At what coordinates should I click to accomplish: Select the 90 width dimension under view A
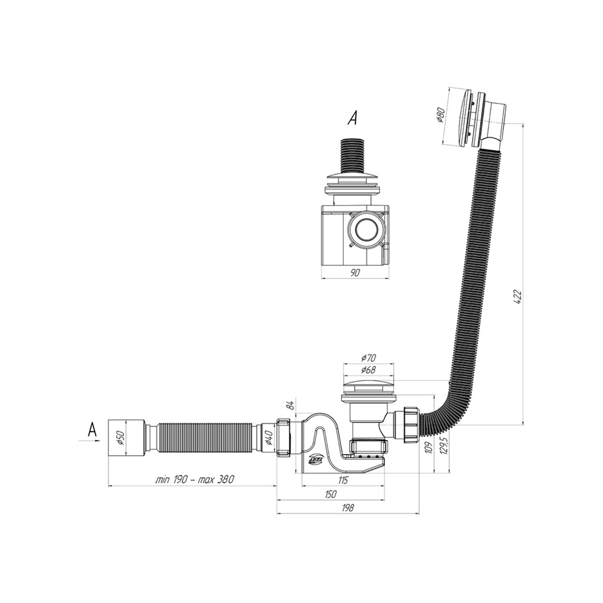(x=355, y=273)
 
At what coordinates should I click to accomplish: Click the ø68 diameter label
(x=368, y=369)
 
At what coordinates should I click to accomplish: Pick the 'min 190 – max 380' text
(x=195, y=480)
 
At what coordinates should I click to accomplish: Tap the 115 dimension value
(x=343, y=480)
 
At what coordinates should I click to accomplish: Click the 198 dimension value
(x=348, y=508)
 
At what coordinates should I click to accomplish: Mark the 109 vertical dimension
(x=429, y=447)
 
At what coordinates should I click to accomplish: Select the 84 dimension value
(x=292, y=404)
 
